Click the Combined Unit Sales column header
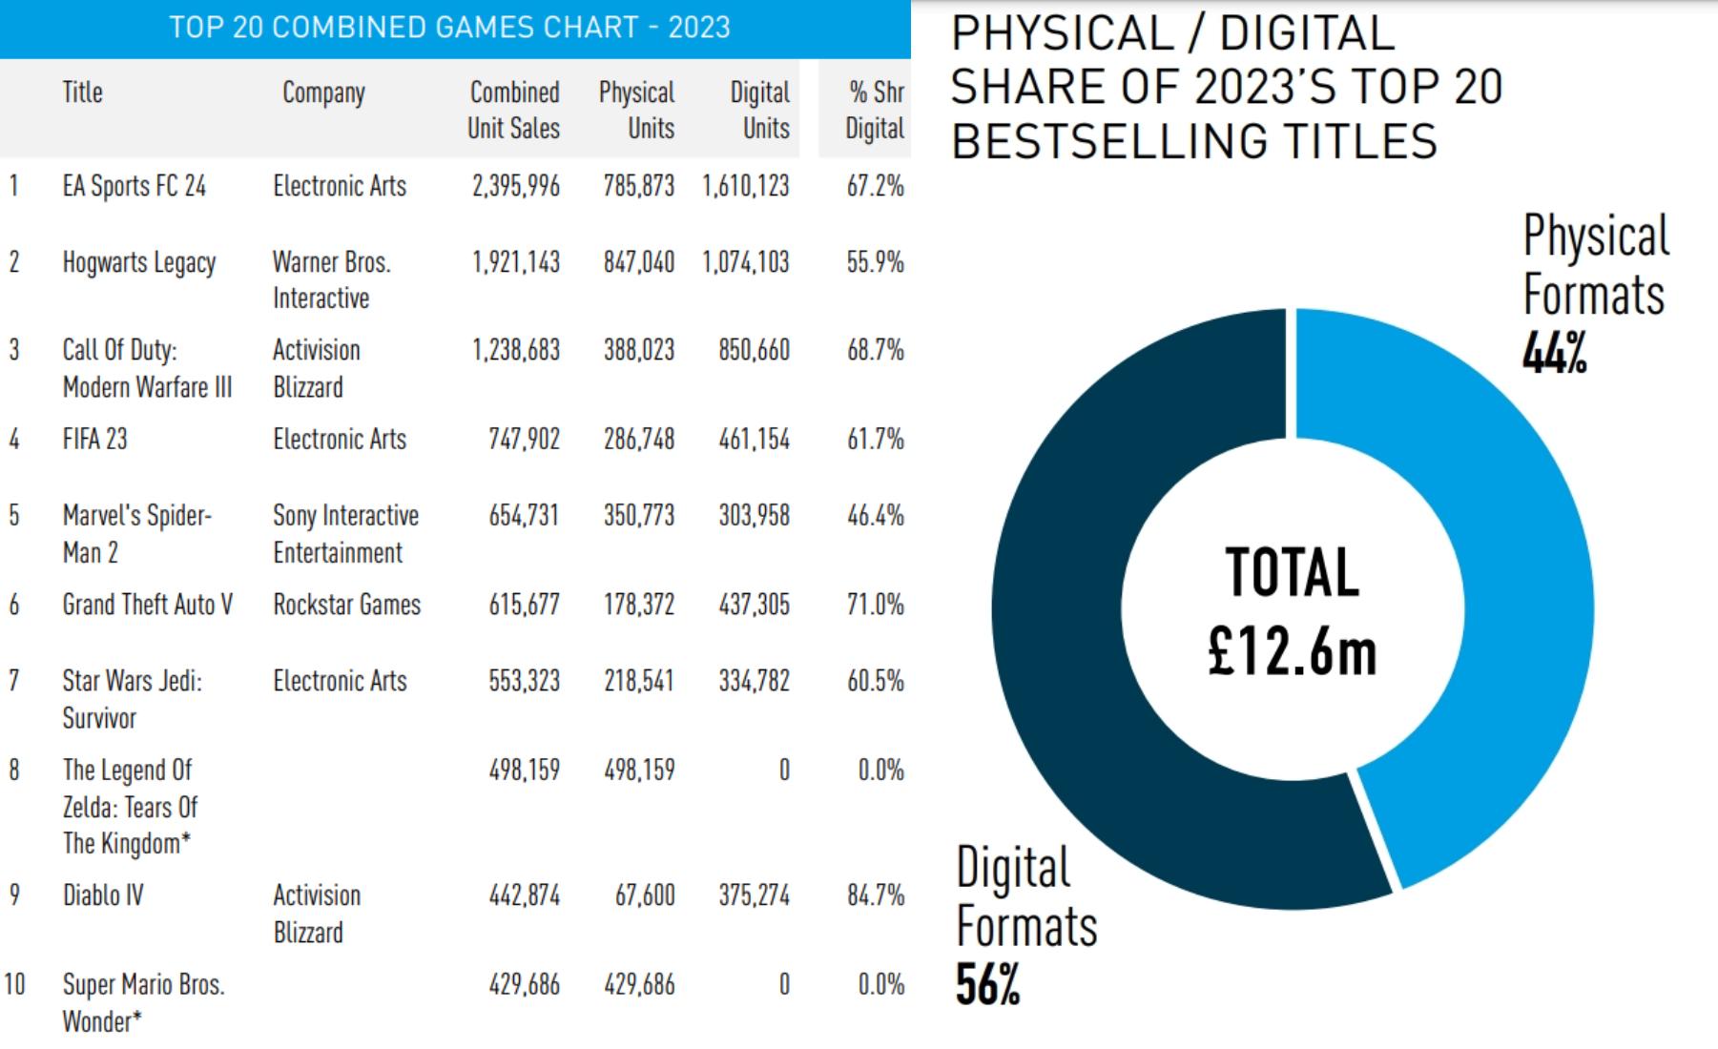pos(513,110)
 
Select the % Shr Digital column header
pos(875,110)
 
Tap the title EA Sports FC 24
pos(135,186)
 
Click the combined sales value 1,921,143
pos(516,262)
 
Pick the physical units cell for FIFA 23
pos(638,440)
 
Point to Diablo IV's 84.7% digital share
pos(875,895)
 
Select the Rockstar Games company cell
pos(346,605)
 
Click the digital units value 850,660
pos(754,350)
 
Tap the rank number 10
pos(14,984)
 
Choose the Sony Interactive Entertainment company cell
pos(345,534)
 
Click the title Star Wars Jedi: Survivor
pos(132,699)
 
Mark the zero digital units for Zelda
pos(783,770)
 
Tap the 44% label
pos(1554,354)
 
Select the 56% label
pos(987,985)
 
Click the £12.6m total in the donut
pos(1292,652)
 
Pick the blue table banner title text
pos(449,28)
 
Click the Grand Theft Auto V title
pos(147,605)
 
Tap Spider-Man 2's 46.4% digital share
pos(875,516)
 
